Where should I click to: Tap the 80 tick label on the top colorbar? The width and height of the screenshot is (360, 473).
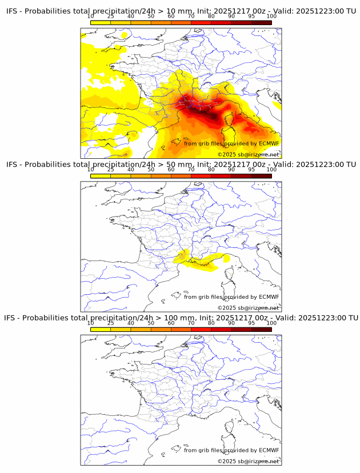211,16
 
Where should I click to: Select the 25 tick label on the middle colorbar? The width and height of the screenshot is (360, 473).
111,170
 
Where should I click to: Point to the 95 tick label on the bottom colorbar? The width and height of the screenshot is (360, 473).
251,323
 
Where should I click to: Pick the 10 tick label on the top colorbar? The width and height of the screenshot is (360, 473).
91,16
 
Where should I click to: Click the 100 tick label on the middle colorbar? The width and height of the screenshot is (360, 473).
271,170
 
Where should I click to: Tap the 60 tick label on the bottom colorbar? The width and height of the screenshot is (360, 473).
171,323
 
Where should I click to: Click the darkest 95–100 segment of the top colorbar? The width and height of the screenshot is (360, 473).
261,22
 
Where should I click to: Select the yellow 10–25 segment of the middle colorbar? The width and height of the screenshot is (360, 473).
101,176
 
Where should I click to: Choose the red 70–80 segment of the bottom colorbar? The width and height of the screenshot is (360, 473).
201,329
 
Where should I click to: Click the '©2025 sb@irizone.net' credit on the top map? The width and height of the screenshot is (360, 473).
248,155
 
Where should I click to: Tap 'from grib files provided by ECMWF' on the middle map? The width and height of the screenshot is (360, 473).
231,297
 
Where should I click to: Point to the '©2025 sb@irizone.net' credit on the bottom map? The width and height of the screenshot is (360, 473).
248,461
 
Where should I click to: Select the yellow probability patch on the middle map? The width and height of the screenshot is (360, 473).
203,261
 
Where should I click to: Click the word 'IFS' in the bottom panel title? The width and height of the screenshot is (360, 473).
11,318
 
